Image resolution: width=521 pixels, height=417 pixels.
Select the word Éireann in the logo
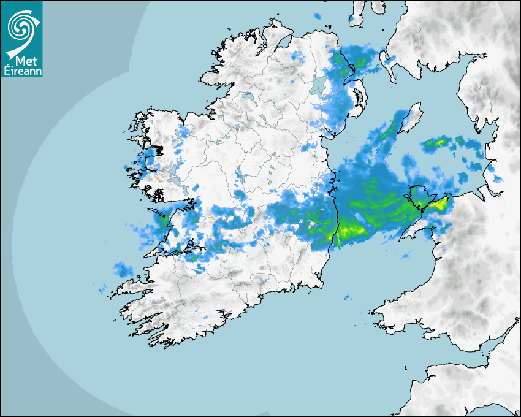[x=22, y=72]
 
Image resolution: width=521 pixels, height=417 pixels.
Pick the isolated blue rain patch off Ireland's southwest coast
[x=123, y=269]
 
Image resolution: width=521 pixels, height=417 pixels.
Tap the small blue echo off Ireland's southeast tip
[x=347, y=298]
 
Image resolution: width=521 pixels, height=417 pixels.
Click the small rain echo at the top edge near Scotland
[x=317, y=16]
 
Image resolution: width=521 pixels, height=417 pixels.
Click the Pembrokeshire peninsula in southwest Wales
[x=392, y=310]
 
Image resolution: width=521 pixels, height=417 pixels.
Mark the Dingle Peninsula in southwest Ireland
[x=129, y=287]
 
